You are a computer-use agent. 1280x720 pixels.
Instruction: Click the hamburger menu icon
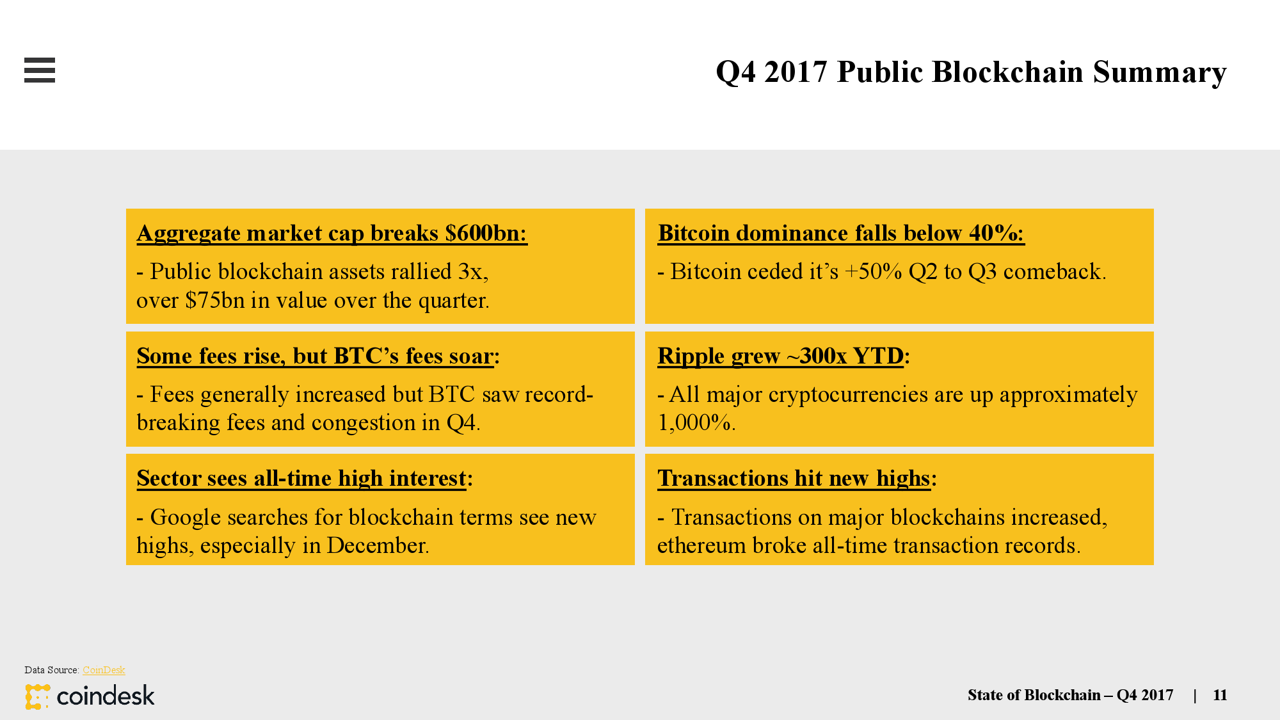click(x=40, y=70)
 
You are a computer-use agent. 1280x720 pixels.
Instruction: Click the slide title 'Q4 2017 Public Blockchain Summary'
click(x=971, y=72)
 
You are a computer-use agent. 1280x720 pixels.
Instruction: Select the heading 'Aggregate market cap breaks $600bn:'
click(x=332, y=234)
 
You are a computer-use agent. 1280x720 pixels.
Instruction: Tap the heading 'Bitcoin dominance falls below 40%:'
click(x=841, y=234)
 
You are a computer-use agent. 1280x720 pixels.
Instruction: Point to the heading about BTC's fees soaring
click(x=318, y=356)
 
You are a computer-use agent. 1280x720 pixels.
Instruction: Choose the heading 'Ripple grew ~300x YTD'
click(x=783, y=356)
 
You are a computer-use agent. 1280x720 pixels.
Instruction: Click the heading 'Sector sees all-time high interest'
click(x=305, y=479)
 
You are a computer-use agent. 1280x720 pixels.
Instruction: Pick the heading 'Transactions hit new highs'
click(x=797, y=479)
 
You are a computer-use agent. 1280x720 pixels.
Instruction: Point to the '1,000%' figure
click(x=696, y=422)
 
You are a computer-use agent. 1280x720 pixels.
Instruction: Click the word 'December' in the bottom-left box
click(x=378, y=545)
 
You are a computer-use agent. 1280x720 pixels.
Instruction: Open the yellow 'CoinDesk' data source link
click(x=104, y=670)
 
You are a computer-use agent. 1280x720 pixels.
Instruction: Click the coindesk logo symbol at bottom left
click(x=38, y=696)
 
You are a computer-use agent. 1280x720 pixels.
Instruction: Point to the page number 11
click(x=1220, y=695)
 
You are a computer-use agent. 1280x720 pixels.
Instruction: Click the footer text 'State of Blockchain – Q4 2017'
click(x=1070, y=695)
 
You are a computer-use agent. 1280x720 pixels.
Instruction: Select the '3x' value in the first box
click(x=473, y=272)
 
